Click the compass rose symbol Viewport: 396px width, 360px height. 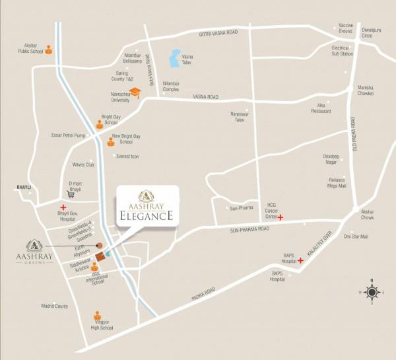pyautogui.click(x=372, y=292)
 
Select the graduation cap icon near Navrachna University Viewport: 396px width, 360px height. pyautogui.click(x=135, y=93)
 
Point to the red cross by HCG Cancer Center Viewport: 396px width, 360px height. pyautogui.click(x=280, y=217)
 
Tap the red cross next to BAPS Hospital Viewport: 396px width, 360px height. pyautogui.click(x=300, y=260)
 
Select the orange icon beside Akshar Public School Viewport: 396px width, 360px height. pyautogui.click(x=48, y=50)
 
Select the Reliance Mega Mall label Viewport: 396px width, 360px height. pyautogui.click(x=337, y=183)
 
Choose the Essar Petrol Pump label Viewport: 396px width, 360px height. pyautogui.click(x=69, y=135)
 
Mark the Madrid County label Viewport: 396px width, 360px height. pyautogui.click(x=55, y=306)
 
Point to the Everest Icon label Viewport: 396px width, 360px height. pyautogui.click(x=127, y=157)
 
